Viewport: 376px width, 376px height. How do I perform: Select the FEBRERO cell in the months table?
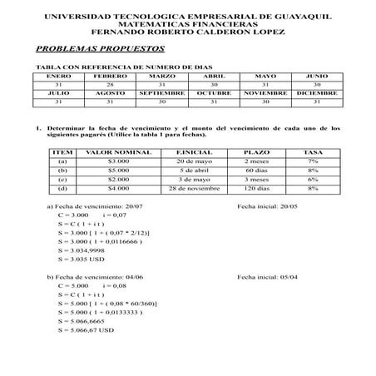(x=104, y=76)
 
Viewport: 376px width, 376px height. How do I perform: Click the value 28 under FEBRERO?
(x=104, y=84)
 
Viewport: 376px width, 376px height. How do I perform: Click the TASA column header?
(x=313, y=153)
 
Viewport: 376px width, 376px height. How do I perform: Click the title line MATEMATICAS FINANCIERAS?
(x=187, y=24)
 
